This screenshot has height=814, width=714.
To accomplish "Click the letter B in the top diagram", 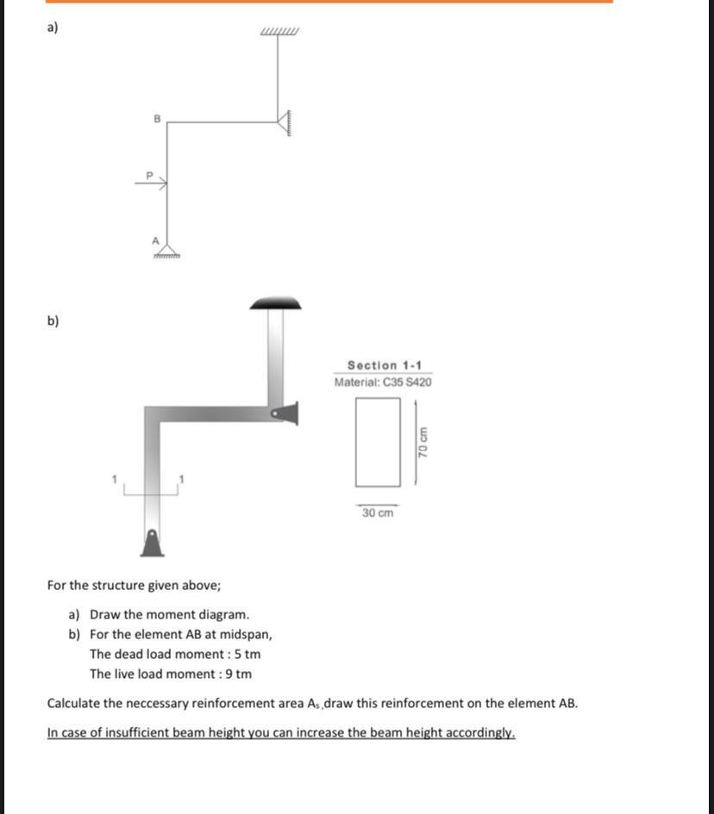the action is point(157,118).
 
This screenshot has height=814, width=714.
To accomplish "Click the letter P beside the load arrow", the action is point(148,175).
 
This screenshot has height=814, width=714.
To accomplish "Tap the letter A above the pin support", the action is point(156,240).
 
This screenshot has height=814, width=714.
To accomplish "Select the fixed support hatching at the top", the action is point(279,33).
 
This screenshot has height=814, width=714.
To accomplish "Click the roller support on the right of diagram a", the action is point(284,122).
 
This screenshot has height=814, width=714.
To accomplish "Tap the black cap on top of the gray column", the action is point(275,303).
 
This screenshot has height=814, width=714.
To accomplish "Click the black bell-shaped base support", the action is point(152,543).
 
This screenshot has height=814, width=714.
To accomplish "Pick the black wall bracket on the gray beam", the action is point(286,413).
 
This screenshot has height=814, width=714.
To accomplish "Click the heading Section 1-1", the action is point(384,365).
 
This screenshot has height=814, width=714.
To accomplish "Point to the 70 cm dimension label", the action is point(423,442).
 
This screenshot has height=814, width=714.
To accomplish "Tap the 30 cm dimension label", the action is point(378,513).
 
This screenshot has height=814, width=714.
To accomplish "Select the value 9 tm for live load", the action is point(238,674).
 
